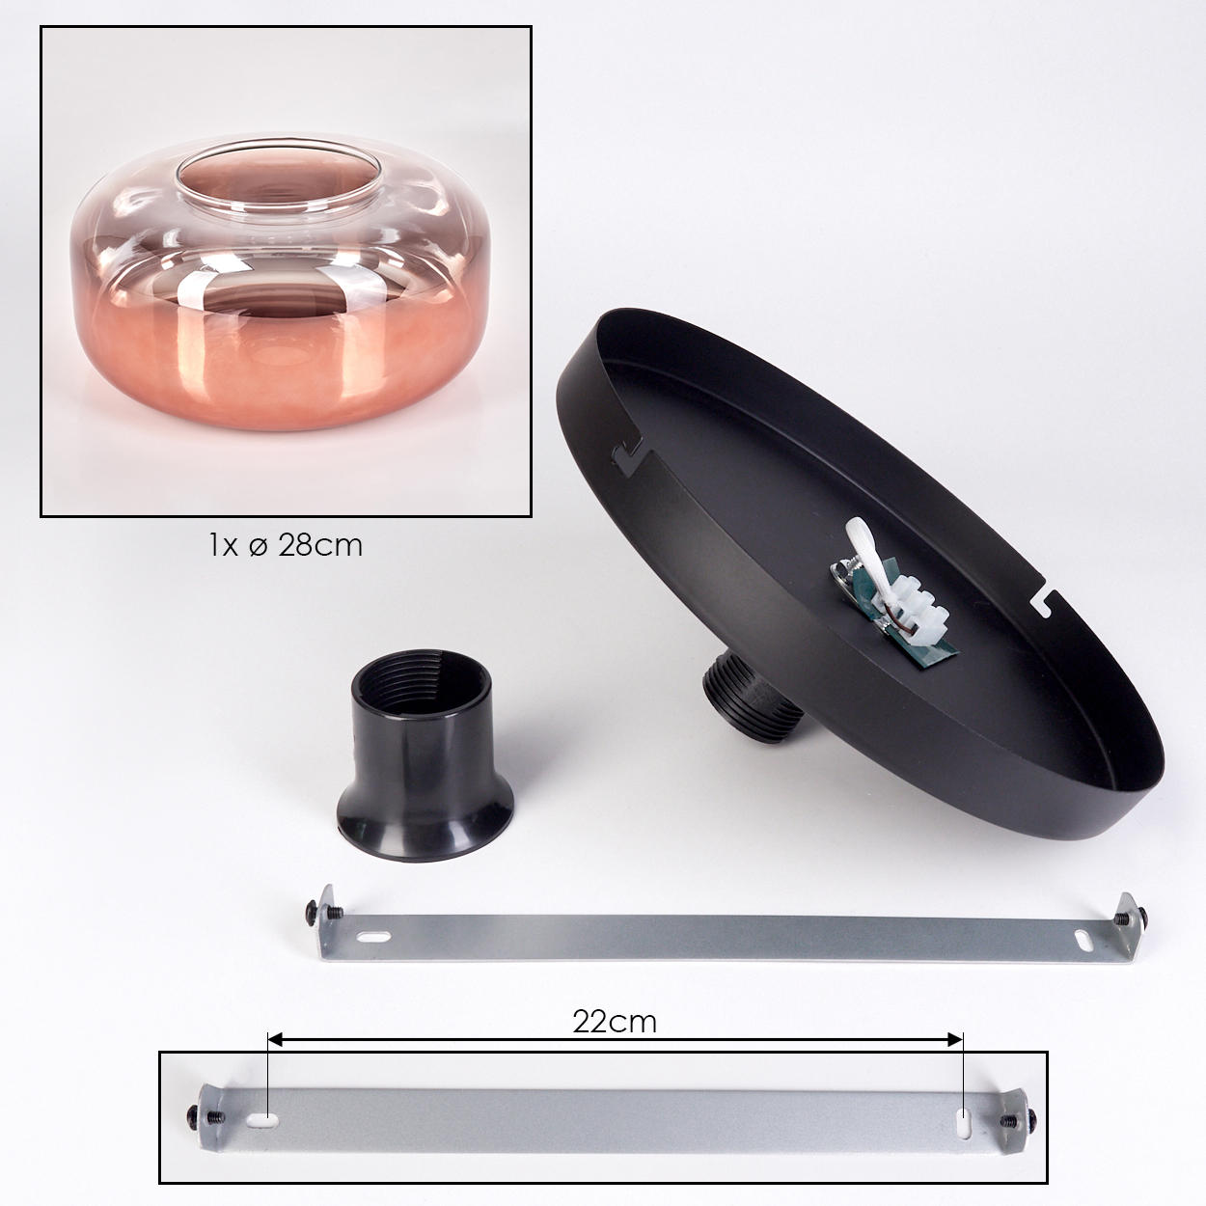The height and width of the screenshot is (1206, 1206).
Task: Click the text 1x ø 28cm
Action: (x=286, y=546)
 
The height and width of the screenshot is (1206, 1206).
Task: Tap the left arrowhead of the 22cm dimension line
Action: (x=274, y=1039)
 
